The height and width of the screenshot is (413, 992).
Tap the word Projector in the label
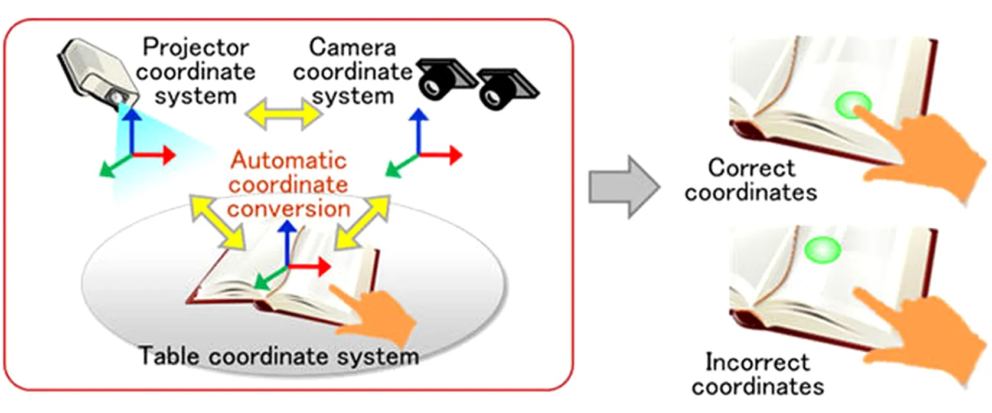(x=195, y=47)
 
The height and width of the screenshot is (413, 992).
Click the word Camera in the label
(x=352, y=47)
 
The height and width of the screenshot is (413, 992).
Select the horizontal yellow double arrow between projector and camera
(x=283, y=113)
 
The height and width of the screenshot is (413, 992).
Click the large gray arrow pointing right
(x=624, y=187)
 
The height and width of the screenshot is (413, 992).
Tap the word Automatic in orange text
(x=288, y=160)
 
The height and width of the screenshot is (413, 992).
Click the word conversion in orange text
(x=288, y=209)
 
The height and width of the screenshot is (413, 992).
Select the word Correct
(x=751, y=168)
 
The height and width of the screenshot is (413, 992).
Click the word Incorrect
(x=757, y=362)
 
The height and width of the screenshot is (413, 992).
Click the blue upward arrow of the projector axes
(x=132, y=130)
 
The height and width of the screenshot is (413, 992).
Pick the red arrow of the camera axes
(x=443, y=155)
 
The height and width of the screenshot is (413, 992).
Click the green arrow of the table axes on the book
(x=269, y=278)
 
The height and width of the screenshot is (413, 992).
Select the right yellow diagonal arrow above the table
(x=361, y=222)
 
